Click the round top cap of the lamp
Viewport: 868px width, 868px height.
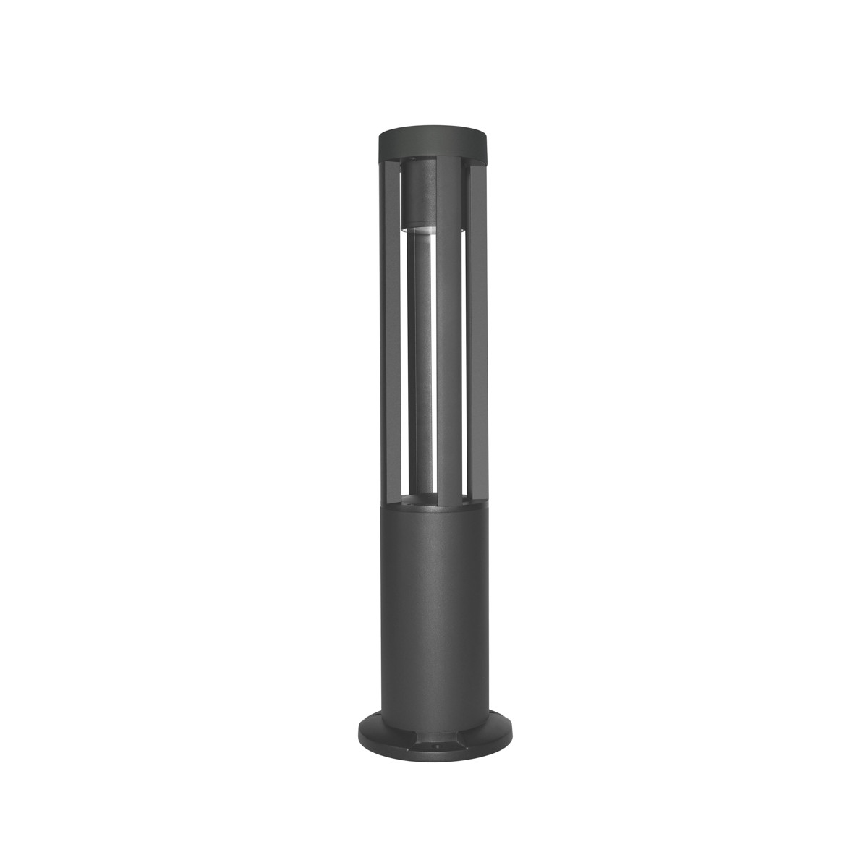pos(433,142)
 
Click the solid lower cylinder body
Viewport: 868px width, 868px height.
pos(433,615)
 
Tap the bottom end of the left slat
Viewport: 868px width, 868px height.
pos(391,499)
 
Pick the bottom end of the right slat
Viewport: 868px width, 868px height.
pos(476,499)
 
